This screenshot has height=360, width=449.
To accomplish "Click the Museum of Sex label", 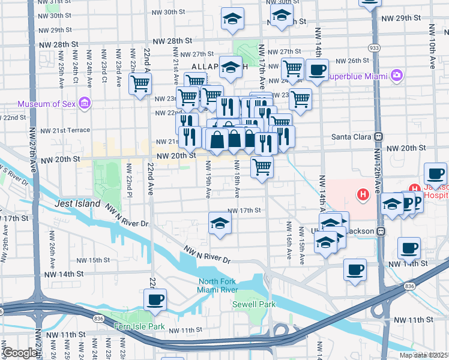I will [x=47, y=104].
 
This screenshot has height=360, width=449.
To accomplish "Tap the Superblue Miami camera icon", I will [x=396, y=76].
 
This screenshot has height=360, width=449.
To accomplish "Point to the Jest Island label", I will [x=77, y=204].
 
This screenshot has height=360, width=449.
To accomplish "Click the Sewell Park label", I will [x=254, y=304].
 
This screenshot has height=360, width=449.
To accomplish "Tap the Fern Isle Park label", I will [x=139, y=326].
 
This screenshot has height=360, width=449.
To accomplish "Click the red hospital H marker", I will [x=363, y=194].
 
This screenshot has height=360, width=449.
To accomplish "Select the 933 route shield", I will [x=374, y=47].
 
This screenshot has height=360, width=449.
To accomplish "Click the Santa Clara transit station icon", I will [x=379, y=136].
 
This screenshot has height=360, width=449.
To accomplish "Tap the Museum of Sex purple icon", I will [x=85, y=104].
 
